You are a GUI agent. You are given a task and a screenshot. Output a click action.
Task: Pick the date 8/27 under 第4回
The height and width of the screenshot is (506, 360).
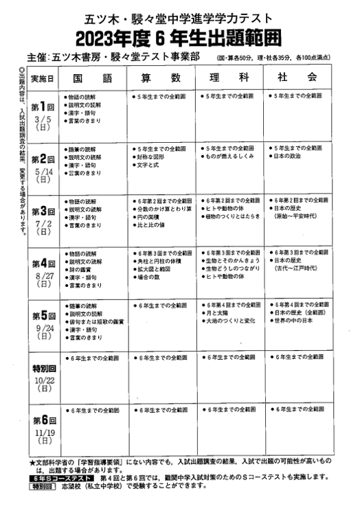coord(43,275)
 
